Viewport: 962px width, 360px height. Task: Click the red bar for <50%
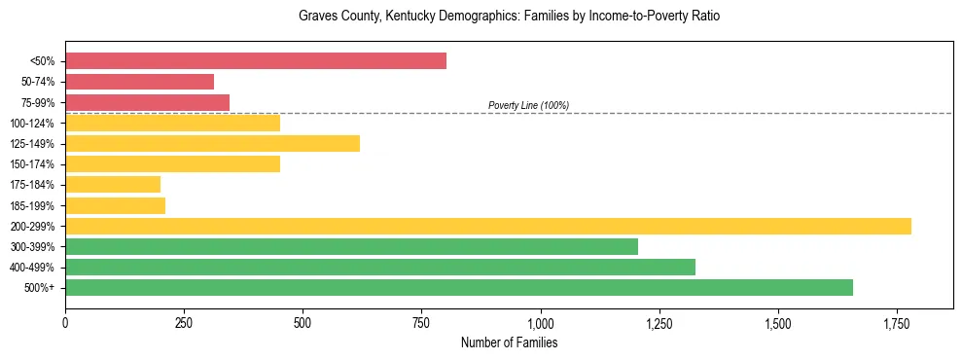click(x=256, y=61)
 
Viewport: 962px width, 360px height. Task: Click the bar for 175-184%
click(x=113, y=184)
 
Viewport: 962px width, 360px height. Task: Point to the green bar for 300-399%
click(x=351, y=246)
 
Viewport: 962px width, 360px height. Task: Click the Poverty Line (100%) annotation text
click(x=528, y=105)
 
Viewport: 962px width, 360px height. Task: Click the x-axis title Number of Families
click(x=509, y=342)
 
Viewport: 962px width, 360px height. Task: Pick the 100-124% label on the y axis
click(x=32, y=123)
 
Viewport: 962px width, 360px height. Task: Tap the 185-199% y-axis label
click(x=32, y=205)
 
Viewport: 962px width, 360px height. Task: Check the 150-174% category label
click(x=32, y=164)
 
